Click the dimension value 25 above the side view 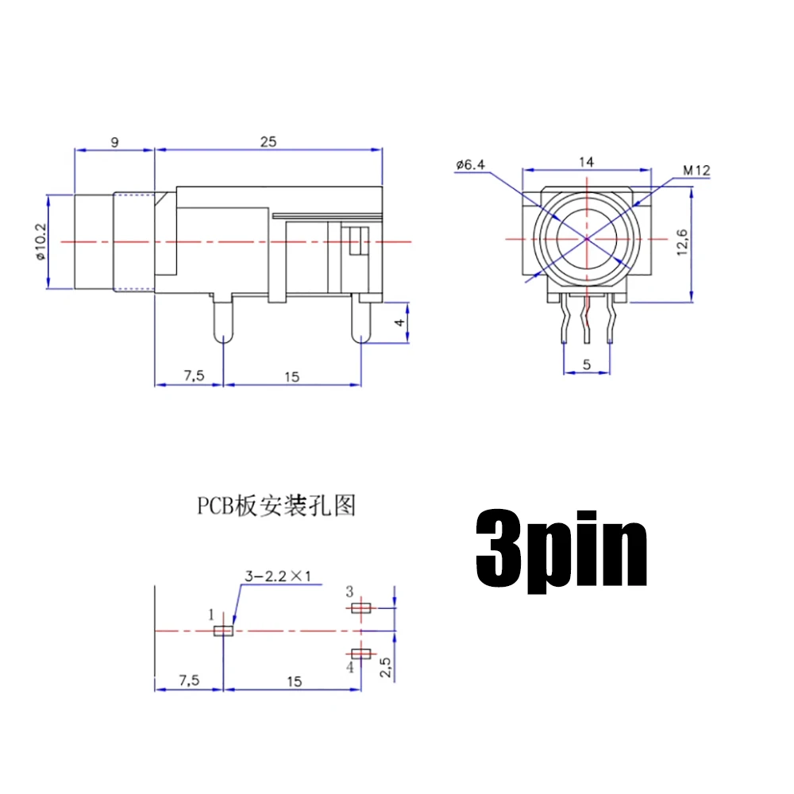point(268,142)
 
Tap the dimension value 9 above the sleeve point(115,142)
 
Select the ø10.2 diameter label point(40,241)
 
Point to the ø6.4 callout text point(470,164)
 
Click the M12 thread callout point(696,170)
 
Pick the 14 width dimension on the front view point(587,161)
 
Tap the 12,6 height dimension point(682,242)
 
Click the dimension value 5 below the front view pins point(587,364)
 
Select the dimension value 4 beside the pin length point(399,322)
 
